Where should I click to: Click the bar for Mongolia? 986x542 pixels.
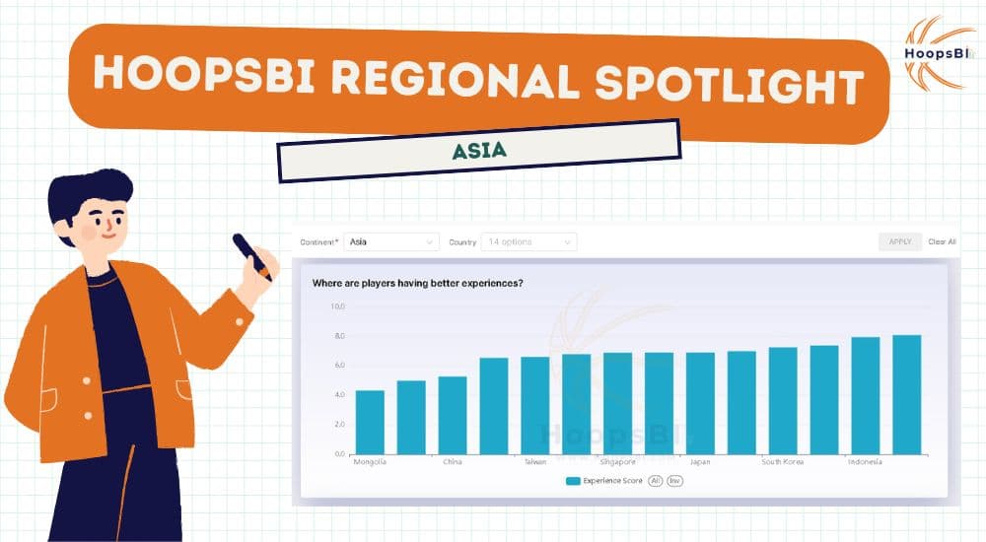(x=370, y=422)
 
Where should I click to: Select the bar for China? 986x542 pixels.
(x=453, y=415)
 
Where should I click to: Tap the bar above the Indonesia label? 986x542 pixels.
(x=865, y=395)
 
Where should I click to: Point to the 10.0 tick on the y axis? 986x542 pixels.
(x=337, y=306)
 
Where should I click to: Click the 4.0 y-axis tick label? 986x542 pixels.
(x=337, y=395)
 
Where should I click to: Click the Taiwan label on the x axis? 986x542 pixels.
(x=535, y=461)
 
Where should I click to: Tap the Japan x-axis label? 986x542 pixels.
(x=700, y=461)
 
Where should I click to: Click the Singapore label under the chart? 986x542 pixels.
(x=617, y=461)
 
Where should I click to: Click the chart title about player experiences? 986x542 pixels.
(x=417, y=284)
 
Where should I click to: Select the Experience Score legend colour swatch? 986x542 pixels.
(x=573, y=481)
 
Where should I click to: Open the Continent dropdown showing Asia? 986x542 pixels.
(x=391, y=241)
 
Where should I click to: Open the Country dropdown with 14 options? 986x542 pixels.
(x=529, y=241)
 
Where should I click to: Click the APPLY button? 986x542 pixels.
(x=899, y=241)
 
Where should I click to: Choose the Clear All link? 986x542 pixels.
(x=942, y=241)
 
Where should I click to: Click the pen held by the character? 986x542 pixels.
(x=251, y=256)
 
